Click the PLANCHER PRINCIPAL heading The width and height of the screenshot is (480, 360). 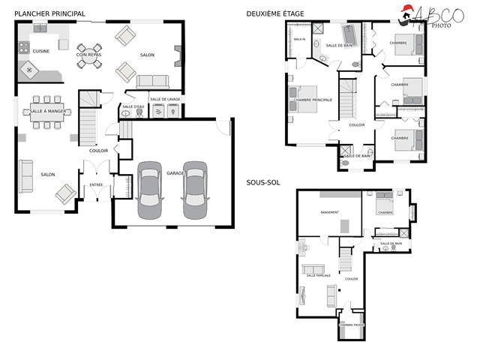[49, 13]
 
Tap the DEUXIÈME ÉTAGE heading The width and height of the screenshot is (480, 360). [276, 13]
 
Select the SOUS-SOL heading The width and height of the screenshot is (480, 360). [263, 182]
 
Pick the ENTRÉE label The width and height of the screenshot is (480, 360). [96, 184]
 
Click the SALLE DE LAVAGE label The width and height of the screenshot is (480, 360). [165, 99]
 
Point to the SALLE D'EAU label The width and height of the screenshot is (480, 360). [132, 107]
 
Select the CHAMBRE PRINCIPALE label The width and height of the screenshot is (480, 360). [313, 99]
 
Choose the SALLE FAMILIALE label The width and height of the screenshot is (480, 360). [319, 275]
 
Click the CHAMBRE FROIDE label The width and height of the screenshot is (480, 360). [352, 325]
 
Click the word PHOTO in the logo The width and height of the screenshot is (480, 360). [440, 25]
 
